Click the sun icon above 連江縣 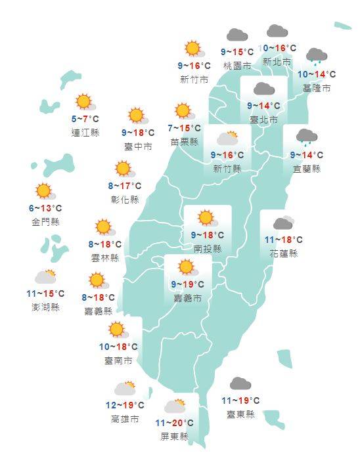pyautogui.click(x=84, y=102)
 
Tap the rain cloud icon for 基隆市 pyautogui.click(x=317, y=57)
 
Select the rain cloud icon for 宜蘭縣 pyautogui.click(x=305, y=137)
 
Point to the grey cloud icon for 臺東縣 pyautogui.click(x=240, y=383)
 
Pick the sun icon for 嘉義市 pyautogui.click(x=187, y=267)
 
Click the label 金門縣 pyautogui.click(x=45, y=222)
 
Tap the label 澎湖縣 pyautogui.click(x=45, y=307)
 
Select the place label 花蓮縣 pyautogui.click(x=283, y=253)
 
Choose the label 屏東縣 pyautogui.click(x=175, y=436)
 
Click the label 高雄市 pyautogui.click(x=125, y=419)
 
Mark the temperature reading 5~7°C pyautogui.click(x=85, y=119)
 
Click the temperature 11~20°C pyautogui.click(x=175, y=423)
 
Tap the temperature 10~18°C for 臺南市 pyautogui.click(x=118, y=347)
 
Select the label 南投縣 pyautogui.click(x=208, y=249)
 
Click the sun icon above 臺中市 pyautogui.click(x=137, y=116)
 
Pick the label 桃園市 pyautogui.click(x=236, y=66)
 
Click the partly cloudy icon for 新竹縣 pyautogui.click(x=227, y=138)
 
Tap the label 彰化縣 pyautogui.click(x=125, y=200)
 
